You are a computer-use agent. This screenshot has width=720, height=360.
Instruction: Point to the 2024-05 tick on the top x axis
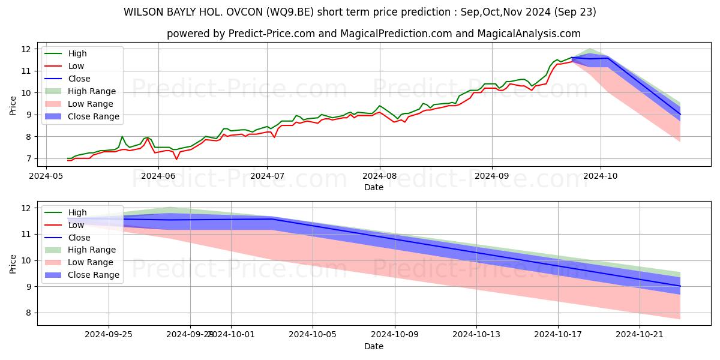[46, 176]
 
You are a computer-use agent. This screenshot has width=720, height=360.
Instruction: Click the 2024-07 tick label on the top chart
[267, 176]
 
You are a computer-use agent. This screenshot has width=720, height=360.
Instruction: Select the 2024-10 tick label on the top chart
[601, 176]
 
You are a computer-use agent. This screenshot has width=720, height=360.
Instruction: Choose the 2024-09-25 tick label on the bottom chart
[109, 335]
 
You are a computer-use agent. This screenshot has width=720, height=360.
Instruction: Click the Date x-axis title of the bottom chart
[373, 346]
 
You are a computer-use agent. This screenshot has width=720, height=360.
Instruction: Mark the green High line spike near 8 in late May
[122, 136]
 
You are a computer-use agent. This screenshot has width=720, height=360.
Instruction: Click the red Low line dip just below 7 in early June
[176, 160]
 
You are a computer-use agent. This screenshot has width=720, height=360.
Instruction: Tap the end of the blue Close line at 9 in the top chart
[680, 114]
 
